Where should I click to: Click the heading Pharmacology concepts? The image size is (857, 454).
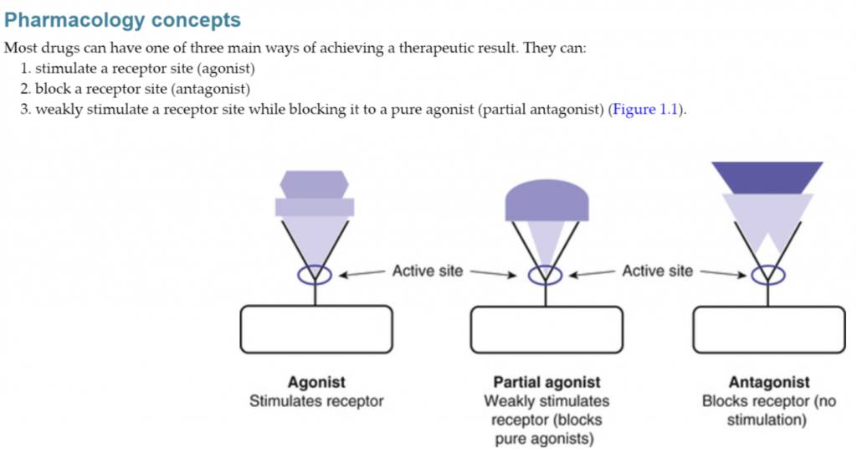pos(122,20)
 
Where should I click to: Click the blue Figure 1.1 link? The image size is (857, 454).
pos(645,110)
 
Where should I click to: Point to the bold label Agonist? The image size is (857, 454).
pos(316,382)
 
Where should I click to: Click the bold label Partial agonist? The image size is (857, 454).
pos(547,382)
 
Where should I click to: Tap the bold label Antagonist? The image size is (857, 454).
pos(769,382)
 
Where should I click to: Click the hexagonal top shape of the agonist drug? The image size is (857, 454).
pos(315,184)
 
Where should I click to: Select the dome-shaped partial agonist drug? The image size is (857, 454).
pos(547,200)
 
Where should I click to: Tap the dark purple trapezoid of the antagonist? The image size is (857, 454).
pos(767,178)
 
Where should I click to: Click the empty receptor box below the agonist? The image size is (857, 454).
pos(316,329)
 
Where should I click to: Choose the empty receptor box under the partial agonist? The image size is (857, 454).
pos(547,329)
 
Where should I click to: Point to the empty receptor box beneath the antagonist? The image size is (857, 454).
pos(769,329)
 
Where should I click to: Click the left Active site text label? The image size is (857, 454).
pos(428,271)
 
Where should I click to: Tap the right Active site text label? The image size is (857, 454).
pos(658,271)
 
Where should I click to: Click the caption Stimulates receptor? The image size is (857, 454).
pos(316,401)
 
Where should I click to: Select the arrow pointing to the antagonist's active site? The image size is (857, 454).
pos(723,273)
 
